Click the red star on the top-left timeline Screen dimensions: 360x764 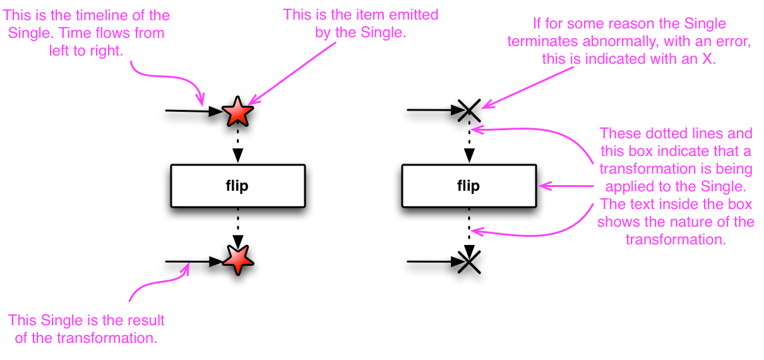click(x=237, y=112)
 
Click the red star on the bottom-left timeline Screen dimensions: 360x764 click(x=237, y=259)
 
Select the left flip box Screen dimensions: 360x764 click(x=237, y=186)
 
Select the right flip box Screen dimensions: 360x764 click(x=468, y=186)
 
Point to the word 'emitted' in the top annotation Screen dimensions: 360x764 click(x=416, y=14)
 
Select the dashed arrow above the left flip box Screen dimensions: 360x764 click(x=237, y=150)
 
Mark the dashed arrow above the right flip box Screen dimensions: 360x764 click(x=469, y=150)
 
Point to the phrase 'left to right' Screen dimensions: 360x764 click(x=85, y=51)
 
